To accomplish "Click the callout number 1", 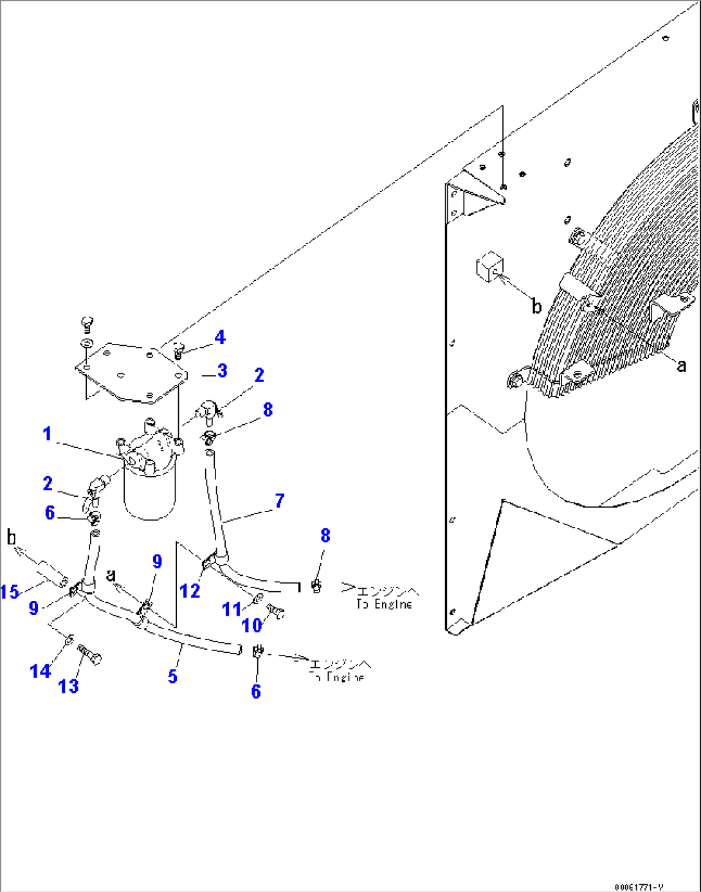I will [x=47, y=434].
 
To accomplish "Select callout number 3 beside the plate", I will [x=222, y=371].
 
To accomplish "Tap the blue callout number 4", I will [x=220, y=337].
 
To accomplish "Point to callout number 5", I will [x=172, y=676].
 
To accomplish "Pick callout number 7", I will [x=279, y=501].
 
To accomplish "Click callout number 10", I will [x=251, y=625].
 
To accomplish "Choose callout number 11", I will [x=232, y=609].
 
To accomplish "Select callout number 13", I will [x=68, y=686].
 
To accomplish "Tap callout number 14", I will [x=40, y=671].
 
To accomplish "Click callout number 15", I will [x=10, y=591].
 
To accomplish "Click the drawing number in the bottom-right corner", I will [x=638, y=887].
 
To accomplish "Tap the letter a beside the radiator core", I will [x=681, y=366].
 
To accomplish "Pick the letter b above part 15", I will [x=11, y=537].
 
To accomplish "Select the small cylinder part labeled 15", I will [x=51, y=574].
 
